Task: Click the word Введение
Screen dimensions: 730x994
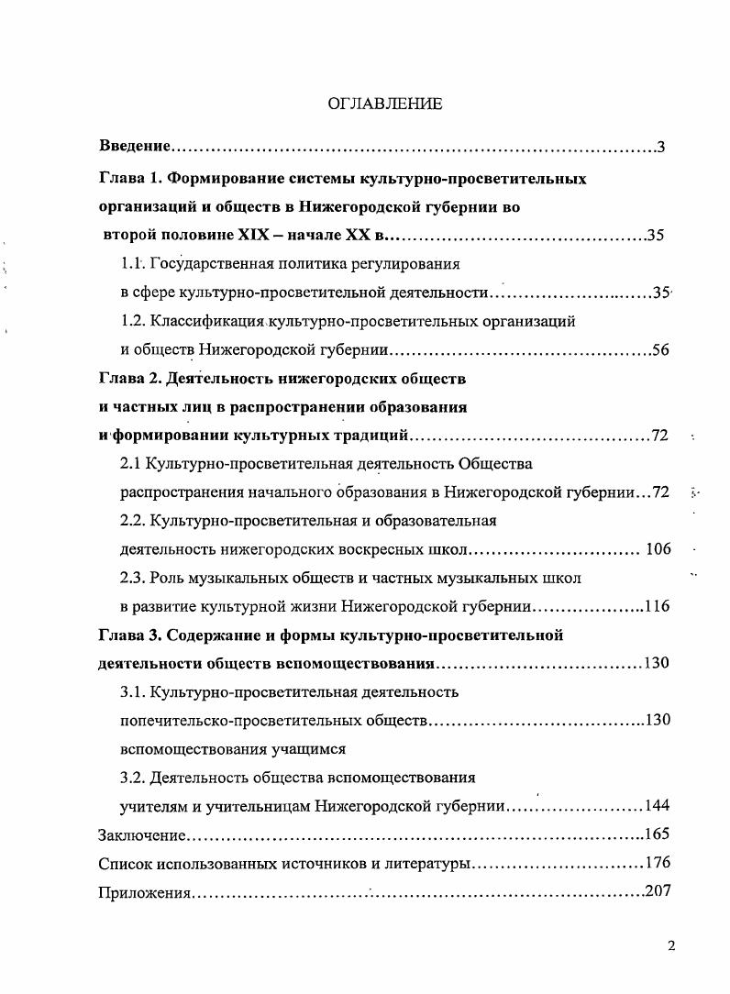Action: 135,147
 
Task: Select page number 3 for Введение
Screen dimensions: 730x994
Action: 660,147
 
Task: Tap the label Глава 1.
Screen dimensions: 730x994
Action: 129,178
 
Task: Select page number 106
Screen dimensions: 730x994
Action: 658,549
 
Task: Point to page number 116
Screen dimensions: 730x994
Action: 657,606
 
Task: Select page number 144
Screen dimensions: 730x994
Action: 657,806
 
